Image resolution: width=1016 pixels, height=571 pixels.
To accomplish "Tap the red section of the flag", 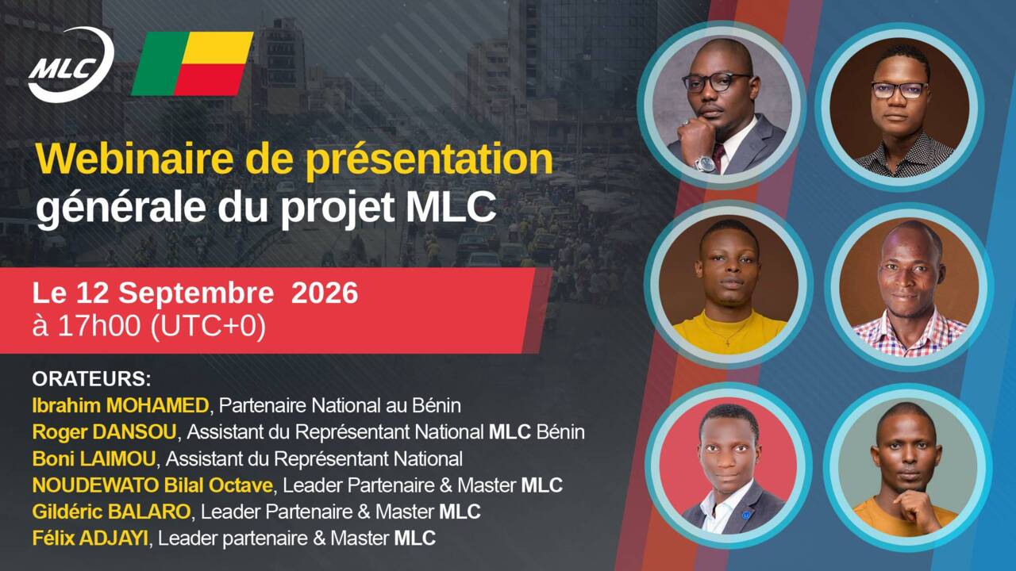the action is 208,79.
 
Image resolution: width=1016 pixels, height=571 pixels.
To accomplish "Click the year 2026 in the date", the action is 325,293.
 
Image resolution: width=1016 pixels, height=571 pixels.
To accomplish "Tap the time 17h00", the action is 99,325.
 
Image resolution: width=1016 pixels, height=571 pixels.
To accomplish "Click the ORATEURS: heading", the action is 91,379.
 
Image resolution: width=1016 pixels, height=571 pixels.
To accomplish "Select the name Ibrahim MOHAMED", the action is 121,405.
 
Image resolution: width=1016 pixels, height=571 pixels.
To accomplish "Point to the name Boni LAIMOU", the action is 94,458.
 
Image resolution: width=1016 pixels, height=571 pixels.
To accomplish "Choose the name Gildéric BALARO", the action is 111,512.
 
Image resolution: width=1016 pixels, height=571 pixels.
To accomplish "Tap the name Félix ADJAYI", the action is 90,538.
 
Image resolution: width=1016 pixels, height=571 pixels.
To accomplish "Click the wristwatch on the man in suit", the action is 706,163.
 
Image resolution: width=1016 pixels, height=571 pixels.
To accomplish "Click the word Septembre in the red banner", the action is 196,293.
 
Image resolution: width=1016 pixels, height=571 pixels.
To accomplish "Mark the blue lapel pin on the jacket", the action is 745,515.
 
